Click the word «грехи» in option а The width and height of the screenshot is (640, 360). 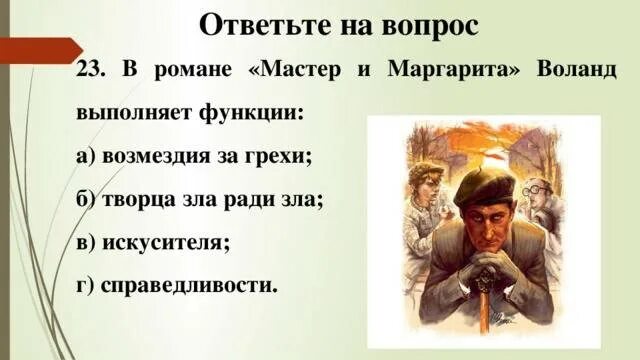(281, 157)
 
